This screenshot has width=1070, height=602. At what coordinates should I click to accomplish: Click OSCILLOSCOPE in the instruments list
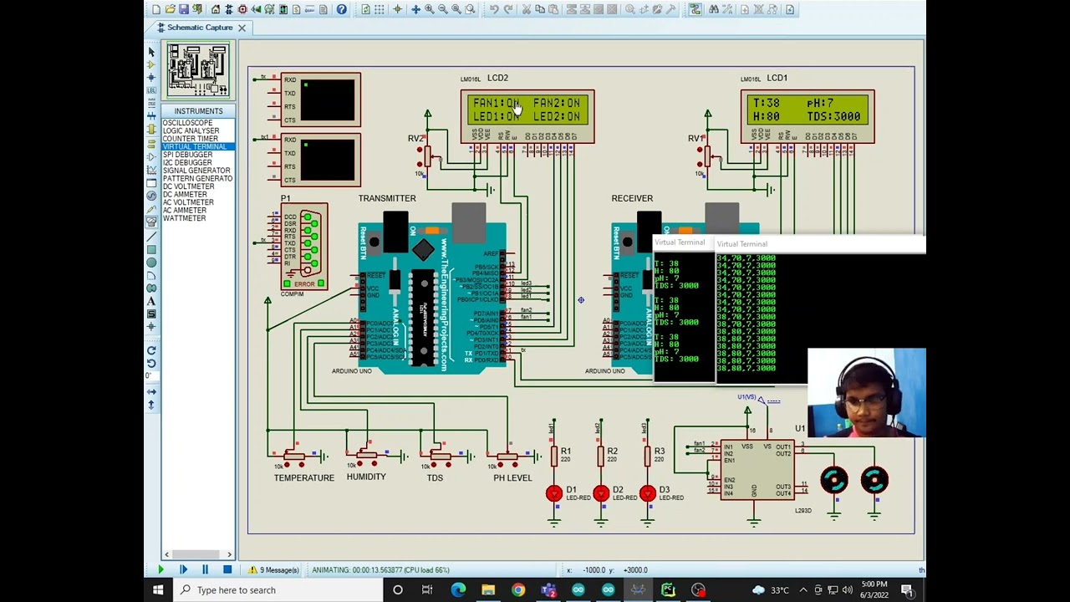pyautogui.click(x=187, y=123)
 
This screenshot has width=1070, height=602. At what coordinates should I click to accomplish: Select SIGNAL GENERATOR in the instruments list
pyautogui.click(x=196, y=171)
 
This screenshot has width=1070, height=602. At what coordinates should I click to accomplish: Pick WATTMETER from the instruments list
pyautogui.click(x=184, y=218)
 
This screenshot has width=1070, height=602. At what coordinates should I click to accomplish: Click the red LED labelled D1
pyautogui.click(x=553, y=493)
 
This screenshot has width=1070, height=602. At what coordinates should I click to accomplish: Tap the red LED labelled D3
pyautogui.click(x=647, y=493)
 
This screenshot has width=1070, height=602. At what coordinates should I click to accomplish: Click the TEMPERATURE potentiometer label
pyautogui.click(x=303, y=477)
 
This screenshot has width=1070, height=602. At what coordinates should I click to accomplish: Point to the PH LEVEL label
pyautogui.click(x=512, y=477)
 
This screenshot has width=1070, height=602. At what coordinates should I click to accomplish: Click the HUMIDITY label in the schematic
pyautogui.click(x=366, y=477)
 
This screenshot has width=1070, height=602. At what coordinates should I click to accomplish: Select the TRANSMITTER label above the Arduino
pyautogui.click(x=387, y=198)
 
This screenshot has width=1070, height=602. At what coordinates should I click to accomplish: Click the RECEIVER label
pyautogui.click(x=632, y=198)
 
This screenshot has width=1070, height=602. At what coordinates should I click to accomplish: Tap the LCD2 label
pyautogui.click(x=497, y=78)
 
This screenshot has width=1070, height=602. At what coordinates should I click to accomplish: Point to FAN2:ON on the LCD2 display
pyautogui.click(x=557, y=104)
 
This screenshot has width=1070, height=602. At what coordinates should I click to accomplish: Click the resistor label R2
pyautogui.click(x=613, y=451)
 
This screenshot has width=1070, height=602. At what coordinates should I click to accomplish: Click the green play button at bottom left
pyautogui.click(x=160, y=570)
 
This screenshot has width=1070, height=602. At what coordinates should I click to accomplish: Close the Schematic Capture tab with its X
pyautogui.click(x=242, y=28)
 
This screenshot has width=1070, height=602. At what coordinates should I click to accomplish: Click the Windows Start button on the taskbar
pyautogui.click(x=158, y=590)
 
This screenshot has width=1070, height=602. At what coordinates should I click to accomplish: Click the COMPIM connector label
pyautogui.click(x=293, y=294)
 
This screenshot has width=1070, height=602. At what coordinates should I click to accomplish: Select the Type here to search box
pyautogui.click(x=237, y=590)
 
